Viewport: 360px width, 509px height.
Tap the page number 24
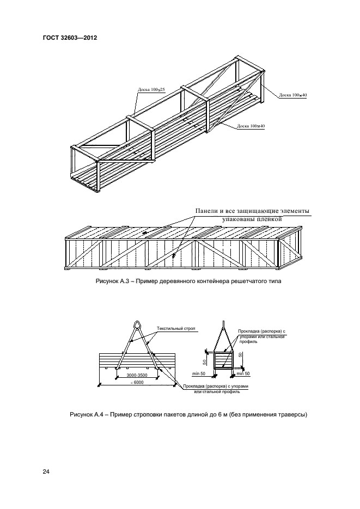[x=46, y=471]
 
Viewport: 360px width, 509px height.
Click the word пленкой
[x=267, y=219]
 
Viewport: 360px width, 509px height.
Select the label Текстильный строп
[x=176, y=329]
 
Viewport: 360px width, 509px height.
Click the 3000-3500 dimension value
[x=137, y=376]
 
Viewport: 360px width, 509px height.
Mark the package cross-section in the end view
[x=224, y=361]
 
